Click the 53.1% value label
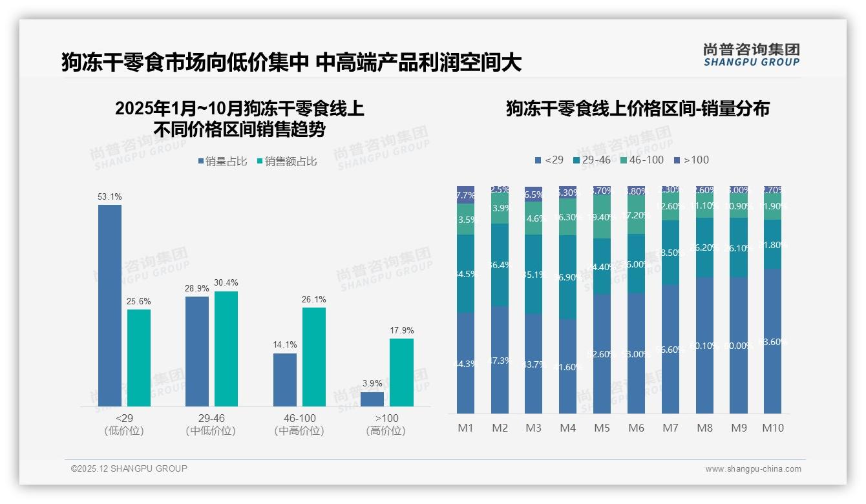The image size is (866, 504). [110, 196]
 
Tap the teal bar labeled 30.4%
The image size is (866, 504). [226, 349]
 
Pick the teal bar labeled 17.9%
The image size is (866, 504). [401, 372]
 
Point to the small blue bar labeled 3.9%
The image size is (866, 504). [372, 399]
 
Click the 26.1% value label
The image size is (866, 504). [313, 299]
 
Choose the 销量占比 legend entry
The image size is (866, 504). [222, 162]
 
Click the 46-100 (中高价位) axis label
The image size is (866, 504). [299, 425]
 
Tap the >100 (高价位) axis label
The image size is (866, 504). [386, 425]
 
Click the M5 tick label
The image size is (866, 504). [601, 428]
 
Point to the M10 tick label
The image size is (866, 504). [772, 428]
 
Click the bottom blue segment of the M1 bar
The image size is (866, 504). [465, 363]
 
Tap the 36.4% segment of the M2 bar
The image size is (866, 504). [500, 265]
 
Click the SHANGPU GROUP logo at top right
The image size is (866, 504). [751, 54]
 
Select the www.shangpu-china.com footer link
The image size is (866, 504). [753, 469]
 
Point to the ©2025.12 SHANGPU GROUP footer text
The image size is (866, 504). [129, 468]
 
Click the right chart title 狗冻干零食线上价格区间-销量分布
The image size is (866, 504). [637, 109]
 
